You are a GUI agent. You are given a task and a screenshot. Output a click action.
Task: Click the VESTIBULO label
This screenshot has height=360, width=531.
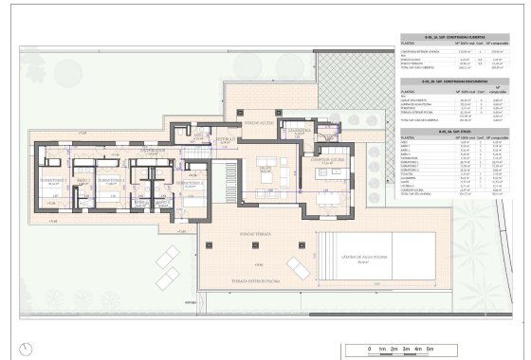(225, 139)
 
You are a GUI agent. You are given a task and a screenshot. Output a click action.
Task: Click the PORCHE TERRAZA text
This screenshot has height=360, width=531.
(256, 233)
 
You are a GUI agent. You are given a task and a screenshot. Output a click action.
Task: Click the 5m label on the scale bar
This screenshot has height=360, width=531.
(429, 351)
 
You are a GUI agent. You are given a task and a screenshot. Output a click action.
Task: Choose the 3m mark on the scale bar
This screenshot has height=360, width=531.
(404, 351)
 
